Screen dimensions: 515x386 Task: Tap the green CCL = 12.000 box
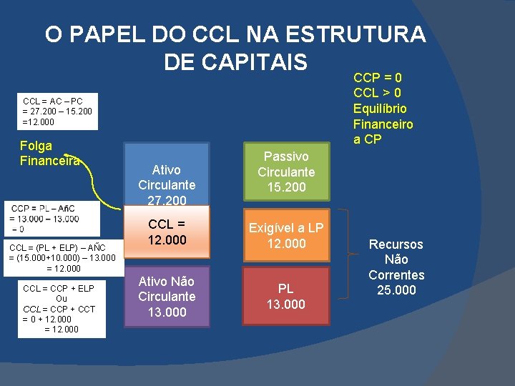(x=167, y=232)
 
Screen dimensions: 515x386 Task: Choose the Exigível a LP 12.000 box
(x=286, y=236)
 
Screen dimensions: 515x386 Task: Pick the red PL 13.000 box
(x=286, y=296)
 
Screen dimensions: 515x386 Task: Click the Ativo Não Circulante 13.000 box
(x=167, y=296)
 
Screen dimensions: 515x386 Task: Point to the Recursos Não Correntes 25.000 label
(x=396, y=267)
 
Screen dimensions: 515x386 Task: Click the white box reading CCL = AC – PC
(x=57, y=112)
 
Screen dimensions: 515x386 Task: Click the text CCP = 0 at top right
(x=378, y=77)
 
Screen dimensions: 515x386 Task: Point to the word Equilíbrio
(x=380, y=109)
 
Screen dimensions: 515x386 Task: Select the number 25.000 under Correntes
(x=396, y=290)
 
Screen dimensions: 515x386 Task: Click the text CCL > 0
(x=378, y=93)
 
